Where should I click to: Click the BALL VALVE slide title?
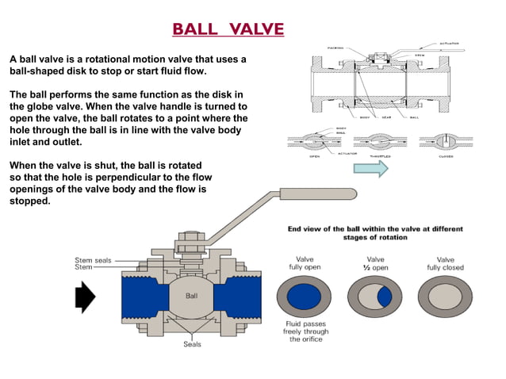(228, 30)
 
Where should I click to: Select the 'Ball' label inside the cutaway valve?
(192, 295)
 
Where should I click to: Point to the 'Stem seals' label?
(93, 259)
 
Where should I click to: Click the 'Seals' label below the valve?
(192, 344)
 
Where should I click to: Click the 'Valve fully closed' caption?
(445, 263)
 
